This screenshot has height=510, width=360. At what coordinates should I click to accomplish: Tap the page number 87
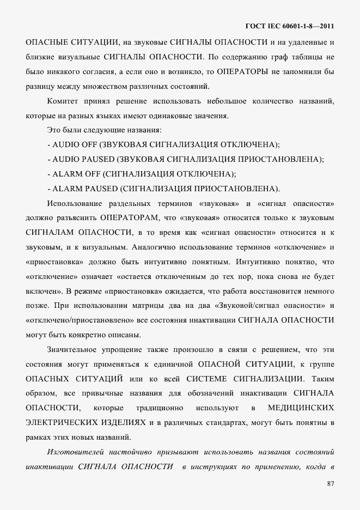330,483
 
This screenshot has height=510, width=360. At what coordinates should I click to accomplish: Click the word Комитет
64,102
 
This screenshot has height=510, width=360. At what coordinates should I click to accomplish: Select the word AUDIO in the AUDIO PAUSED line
66,159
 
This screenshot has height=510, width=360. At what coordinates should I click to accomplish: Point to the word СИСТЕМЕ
208,378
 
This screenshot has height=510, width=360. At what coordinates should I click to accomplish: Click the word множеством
88,86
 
